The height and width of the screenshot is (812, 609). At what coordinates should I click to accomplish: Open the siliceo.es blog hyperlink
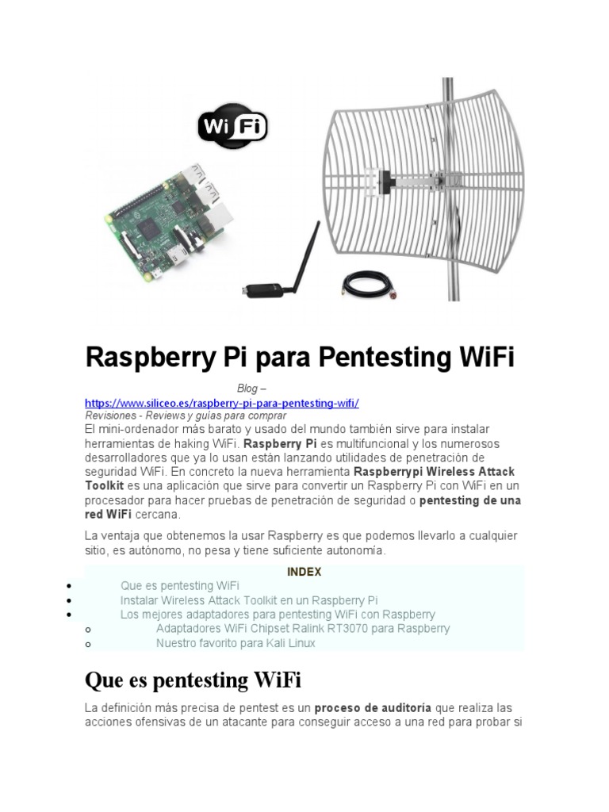tap(222, 403)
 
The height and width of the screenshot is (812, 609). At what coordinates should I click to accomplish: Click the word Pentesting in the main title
tap(384, 358)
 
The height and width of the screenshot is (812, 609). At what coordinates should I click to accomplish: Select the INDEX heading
tap(304, 572)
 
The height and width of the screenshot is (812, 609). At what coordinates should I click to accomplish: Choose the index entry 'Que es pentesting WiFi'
tap(180, 586)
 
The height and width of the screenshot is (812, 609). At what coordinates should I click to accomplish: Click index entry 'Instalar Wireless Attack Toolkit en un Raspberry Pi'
tap(249, 600)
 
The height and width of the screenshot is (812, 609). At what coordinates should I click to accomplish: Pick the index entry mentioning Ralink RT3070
tap(303, 629)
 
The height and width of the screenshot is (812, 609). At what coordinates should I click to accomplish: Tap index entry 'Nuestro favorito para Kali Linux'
tap(236, 643)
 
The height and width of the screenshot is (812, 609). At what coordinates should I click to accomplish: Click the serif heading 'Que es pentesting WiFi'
tap(193, 680)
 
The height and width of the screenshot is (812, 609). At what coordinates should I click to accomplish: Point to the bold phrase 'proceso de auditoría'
tap(373, 707)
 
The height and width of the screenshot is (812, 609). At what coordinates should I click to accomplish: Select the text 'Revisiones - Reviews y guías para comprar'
tap(186, 416)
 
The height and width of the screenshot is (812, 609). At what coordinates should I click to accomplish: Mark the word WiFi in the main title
tap(486, 358)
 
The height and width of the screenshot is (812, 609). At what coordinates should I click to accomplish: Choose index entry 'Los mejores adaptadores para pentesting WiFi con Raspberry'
tap(278, 615)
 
